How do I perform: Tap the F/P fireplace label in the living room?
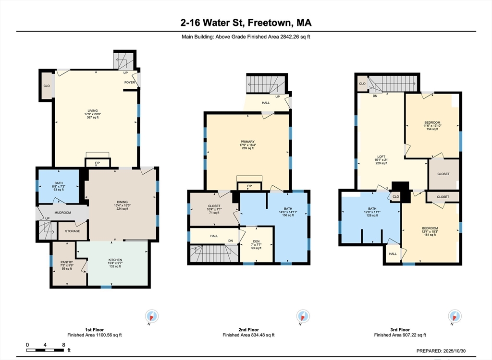click(x=97, y=163)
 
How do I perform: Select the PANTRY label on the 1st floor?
click(x=66, y=262)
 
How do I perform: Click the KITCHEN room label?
click(x=115, y=260)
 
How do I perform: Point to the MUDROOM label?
click(x=62, y=213)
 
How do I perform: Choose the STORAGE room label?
click(x=73, y=231)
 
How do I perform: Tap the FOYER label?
click(x=129, y=82)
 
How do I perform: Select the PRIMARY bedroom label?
click(x=247, y=142)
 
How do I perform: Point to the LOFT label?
click(x=381, y=156)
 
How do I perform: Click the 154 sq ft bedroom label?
click(x=432, y=123)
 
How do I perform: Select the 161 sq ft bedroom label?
click(x=430, y=228)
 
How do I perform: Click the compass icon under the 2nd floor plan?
click(x=303, y=316)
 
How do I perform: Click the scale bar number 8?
click(x=63, y=345)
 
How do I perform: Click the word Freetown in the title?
click(x=262, y=23)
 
